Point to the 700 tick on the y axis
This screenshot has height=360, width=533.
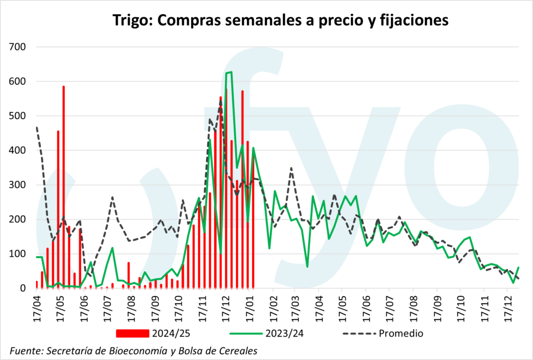pyautogui.click(x=19, y=47)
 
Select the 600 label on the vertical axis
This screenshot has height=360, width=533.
pyautogui.click(x=19, y=82)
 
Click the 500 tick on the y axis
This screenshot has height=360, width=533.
pyautogui.click(x=19, y=116)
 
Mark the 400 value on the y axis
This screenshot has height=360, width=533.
pyautogui.click(x=19, y=151)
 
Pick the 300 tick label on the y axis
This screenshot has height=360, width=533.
pyautogui.click(x=19, y=185)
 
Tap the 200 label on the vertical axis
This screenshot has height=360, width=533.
pyautogui.click(x=19, y=219)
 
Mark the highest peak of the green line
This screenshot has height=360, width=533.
pyautogui.click(x=229, y=72)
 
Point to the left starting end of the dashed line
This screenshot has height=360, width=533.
pyautogui.click(x=36, y=127)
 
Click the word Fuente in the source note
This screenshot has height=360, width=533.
pyautogui.click(x=26, y=350)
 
